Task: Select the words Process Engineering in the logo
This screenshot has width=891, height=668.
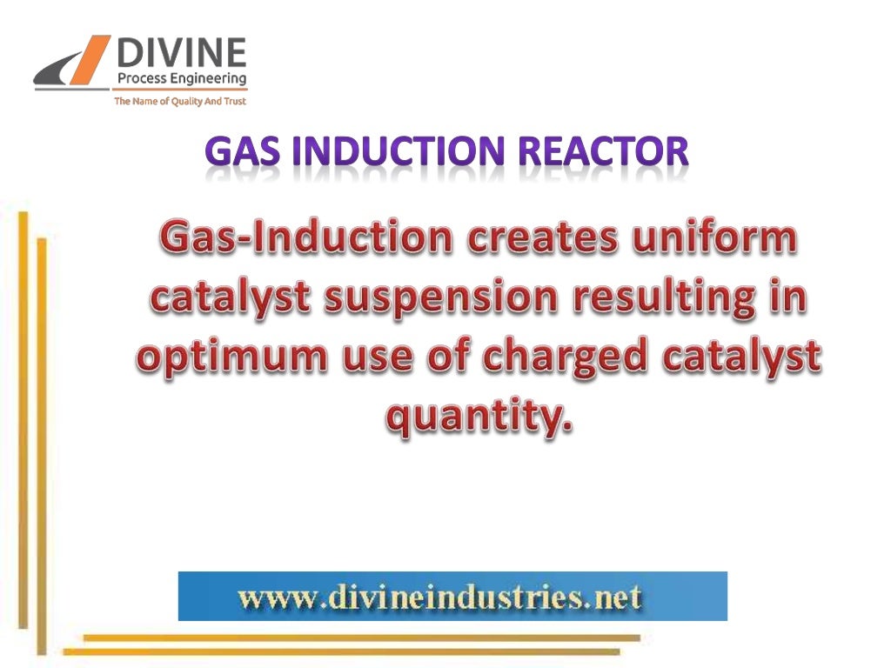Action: pos(181,79)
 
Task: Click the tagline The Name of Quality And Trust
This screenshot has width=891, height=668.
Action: pos(180,102)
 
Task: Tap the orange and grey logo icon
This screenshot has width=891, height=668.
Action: pos(73,65)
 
